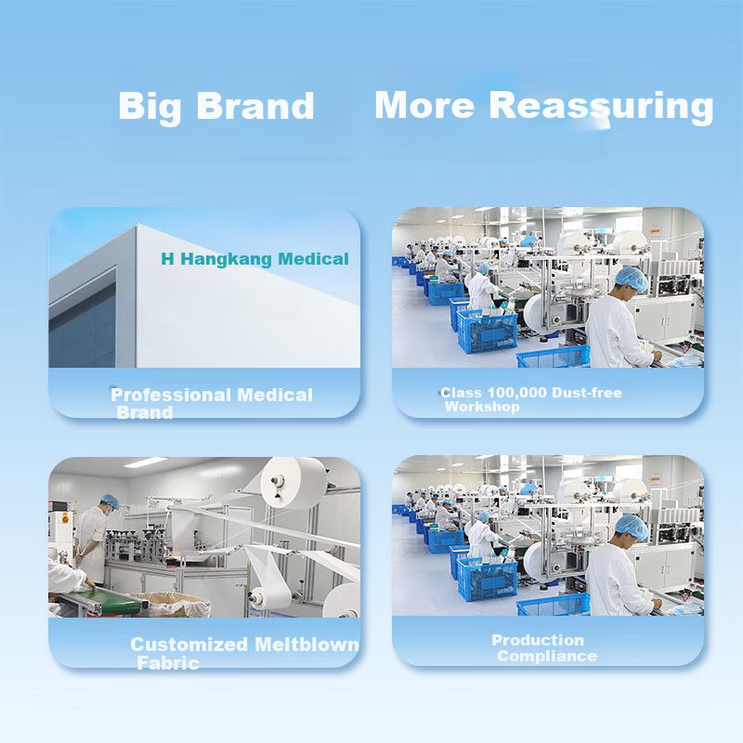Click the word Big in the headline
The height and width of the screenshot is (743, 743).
click(150, 107)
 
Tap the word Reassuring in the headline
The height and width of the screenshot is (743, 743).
click(601, 107)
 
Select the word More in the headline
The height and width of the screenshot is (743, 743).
click(424, 105)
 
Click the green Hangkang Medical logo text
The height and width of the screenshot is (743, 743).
click(254, 259)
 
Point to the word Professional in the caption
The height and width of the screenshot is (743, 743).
click(171, 396)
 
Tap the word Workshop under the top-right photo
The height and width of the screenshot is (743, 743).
click(482, 407)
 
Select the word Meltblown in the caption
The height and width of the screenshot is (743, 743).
click(306, 645)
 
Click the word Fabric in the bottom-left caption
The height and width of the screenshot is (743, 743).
click(168, 663)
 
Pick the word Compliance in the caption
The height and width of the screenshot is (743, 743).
click(547, 656)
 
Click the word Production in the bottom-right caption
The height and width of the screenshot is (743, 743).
click(538, 640)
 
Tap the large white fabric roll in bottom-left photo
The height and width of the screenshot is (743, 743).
click(293, 482)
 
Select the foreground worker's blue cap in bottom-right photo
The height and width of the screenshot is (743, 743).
click(632, 527)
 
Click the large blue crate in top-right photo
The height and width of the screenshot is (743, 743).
click(487, 331)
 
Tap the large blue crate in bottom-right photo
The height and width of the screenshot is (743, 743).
click(487, 579)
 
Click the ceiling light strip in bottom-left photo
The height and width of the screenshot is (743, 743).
click(146, 462)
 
